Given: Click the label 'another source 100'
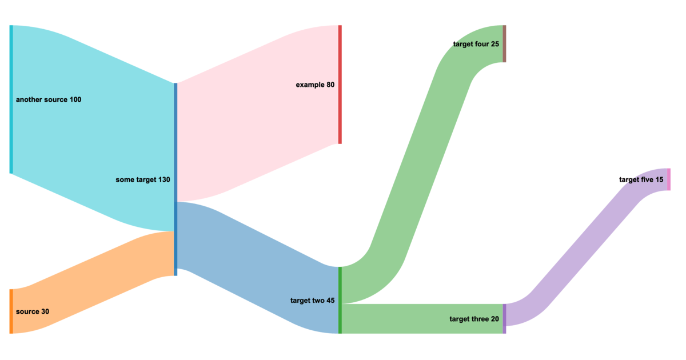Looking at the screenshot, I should (49, 100).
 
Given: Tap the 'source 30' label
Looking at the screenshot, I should (33, 311).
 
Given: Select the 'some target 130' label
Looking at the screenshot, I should (143, 179).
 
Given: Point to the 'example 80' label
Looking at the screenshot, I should (315, 85).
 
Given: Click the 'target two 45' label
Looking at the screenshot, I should (312, 301).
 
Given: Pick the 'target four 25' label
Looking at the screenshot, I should (476, 44).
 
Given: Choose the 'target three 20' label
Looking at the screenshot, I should (474, 319).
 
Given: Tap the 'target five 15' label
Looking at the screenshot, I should (641, 180).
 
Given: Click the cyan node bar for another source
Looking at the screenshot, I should (11, 99).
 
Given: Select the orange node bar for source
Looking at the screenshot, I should (11, 311).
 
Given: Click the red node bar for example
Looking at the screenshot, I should (340, 85).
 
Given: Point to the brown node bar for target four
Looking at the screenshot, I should (504, 43).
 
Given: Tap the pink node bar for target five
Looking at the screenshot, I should (668, 179).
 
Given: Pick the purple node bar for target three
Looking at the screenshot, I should (504, 319).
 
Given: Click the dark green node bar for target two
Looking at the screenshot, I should (340, 300).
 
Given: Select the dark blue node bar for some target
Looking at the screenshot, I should (176, 179).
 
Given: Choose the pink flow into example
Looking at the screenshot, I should (257, 114).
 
